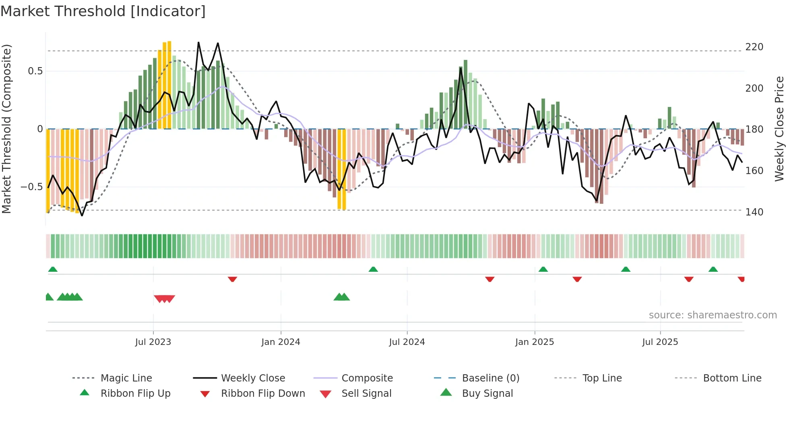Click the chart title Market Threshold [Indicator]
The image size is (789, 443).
103,11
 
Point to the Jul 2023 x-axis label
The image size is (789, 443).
153,342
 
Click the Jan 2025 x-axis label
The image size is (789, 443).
535,342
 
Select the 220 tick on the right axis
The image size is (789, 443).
754,47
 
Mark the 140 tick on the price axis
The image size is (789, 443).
754,212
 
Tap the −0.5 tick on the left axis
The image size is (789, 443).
31,187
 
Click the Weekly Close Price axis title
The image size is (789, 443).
779,129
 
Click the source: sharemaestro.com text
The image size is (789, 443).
713,315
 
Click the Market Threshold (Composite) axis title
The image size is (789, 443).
6,129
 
